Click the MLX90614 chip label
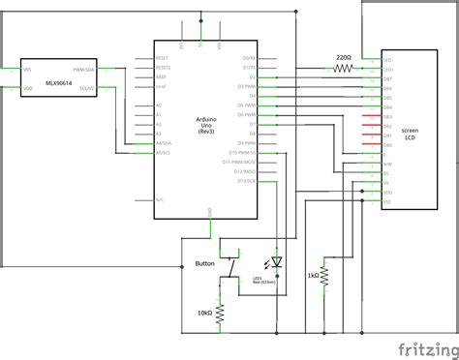point(46,78)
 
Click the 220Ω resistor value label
point(344,59)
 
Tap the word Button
point(204,263)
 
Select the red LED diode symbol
point(277,262)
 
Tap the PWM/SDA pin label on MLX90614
point(83,70)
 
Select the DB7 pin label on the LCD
point(387,78)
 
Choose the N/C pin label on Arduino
point(160,198)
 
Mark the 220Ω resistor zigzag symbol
point(344,70)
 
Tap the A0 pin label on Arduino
point(158,105)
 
